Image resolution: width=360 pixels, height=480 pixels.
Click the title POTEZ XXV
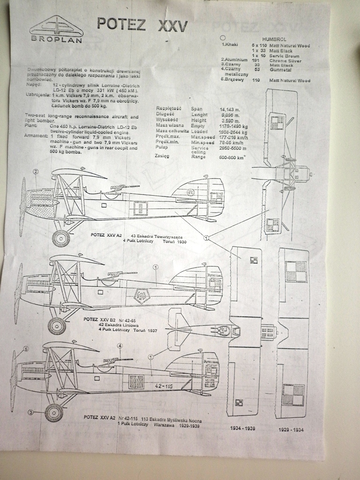[142, 24]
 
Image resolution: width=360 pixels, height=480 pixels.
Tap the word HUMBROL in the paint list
[275, 39]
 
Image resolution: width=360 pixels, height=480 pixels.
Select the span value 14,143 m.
[231, 109]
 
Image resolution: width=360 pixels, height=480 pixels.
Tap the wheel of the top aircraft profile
[61, 238]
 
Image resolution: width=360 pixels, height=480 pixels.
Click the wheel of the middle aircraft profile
[57, 326]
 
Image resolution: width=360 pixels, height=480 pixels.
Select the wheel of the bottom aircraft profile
[54, 412]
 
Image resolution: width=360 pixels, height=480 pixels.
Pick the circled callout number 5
[26, 349]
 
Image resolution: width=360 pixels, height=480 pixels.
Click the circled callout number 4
[120, 346]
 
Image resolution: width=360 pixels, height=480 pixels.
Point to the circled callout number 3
[30, 412]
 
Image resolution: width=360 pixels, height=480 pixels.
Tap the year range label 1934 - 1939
[243, 428]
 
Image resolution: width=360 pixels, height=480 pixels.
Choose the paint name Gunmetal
[280, 69]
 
